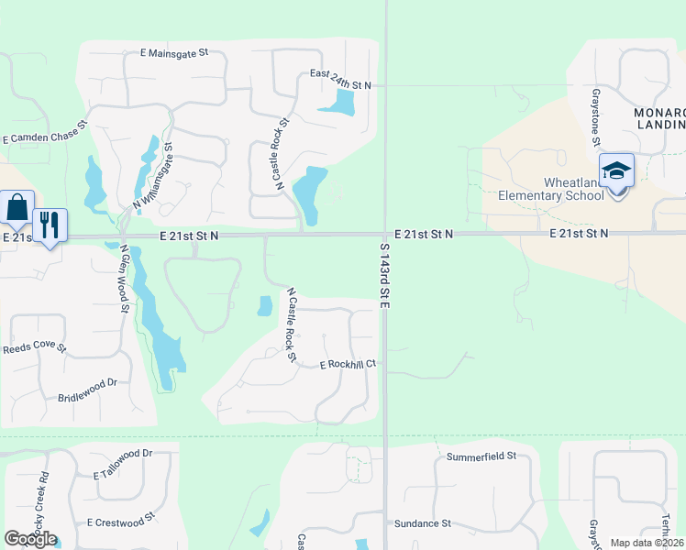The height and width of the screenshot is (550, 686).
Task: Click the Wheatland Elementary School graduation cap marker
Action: (616, 171)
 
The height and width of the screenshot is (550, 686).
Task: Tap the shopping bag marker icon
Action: (17, 208)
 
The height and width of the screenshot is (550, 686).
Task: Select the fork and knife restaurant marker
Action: (50, 225)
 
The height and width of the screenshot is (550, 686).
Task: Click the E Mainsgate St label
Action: (174, 53)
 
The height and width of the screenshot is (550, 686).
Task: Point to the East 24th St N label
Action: (340, 84)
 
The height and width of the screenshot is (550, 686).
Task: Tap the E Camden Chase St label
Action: (44, 131)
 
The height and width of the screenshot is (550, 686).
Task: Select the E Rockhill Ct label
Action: (349, 364)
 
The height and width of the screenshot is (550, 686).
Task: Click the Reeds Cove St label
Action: (35, 348)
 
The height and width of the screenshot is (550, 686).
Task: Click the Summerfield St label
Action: (481, 455)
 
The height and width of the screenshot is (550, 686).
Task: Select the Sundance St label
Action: (422, 523)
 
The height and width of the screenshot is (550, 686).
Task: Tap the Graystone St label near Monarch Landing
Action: (595, 117)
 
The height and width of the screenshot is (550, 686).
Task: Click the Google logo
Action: (30, 538)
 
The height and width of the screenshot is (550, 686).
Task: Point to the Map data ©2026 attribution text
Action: (647, 543)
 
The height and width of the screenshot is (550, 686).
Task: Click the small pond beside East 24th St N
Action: (336, 103)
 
